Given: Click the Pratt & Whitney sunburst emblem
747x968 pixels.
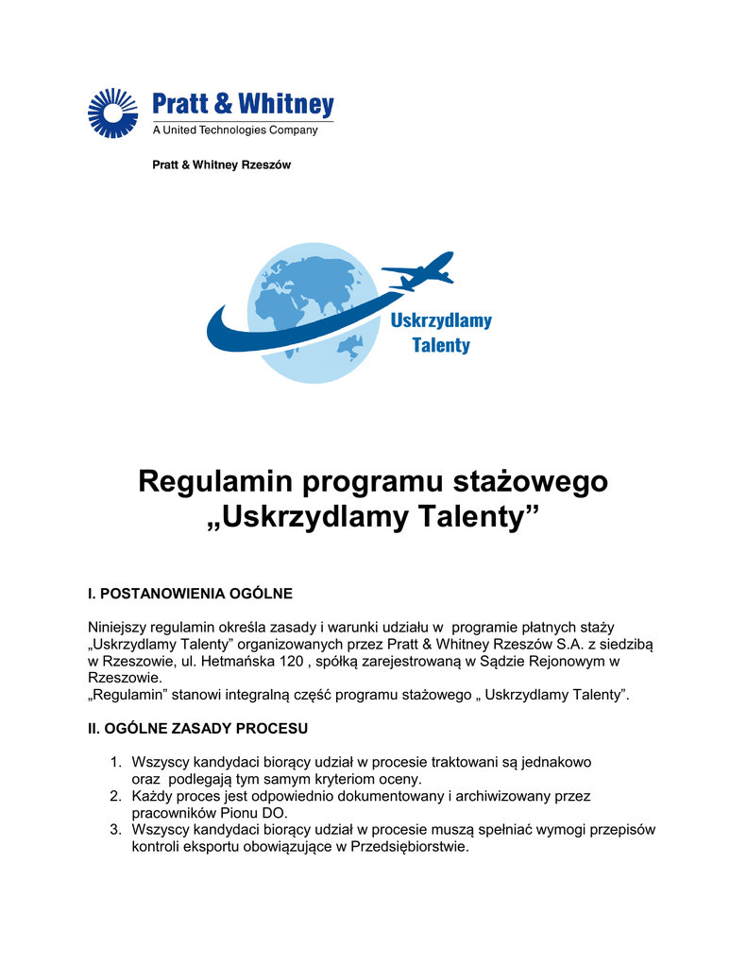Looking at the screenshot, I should (112, 112).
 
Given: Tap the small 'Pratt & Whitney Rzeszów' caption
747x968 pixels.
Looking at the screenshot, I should (222, 164).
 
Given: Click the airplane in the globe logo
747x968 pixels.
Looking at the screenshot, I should (419, 270).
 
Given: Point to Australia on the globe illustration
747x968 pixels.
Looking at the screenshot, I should (350, 347).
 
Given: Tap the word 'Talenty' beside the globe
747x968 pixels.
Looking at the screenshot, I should (440, 345).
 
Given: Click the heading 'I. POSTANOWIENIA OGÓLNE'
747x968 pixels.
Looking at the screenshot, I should (190, 594).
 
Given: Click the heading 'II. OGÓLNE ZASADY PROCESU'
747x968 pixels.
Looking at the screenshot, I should (197, 729).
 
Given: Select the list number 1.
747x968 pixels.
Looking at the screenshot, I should (115, 762).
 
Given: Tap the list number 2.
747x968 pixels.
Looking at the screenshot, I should (115, 797).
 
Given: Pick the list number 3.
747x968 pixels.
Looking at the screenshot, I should (115, 830).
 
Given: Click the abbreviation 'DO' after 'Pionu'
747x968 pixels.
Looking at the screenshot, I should (276, 813).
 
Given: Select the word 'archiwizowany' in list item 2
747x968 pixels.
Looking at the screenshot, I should (491, 797).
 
